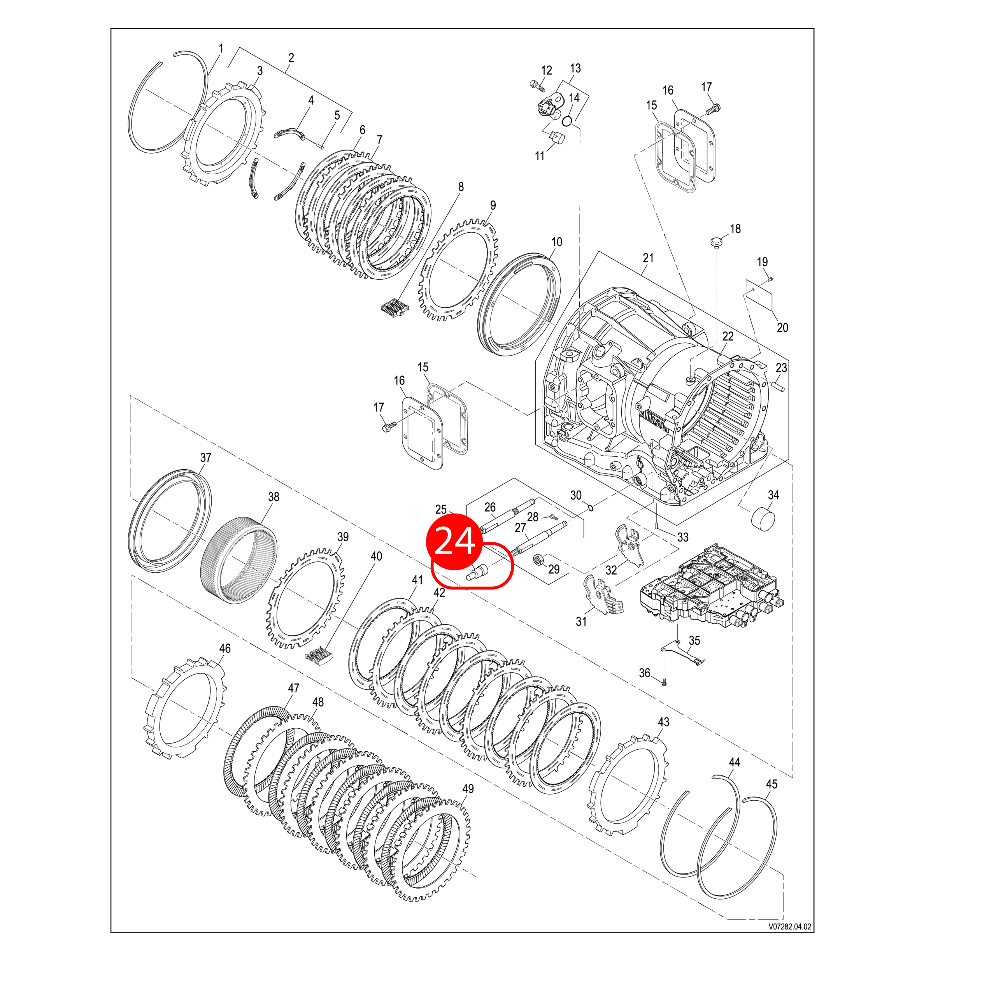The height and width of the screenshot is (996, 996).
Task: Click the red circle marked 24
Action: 454,541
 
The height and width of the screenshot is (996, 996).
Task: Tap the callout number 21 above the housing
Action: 648,258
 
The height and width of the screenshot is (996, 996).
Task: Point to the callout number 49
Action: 468,789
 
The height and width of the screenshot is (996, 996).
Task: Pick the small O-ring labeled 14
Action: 568,121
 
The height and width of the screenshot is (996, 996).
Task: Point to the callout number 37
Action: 206,457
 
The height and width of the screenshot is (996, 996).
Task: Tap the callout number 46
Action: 225,649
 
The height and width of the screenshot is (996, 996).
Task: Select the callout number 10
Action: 556,242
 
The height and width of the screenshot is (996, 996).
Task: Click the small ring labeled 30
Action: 591,509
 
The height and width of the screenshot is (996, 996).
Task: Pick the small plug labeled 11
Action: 557,138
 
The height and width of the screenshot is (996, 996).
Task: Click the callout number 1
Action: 221,49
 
